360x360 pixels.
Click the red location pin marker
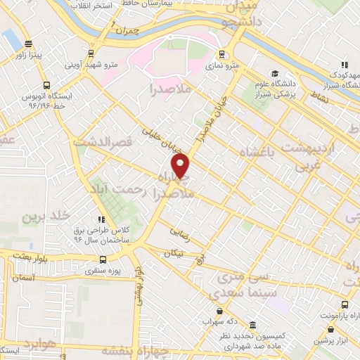point(181,166)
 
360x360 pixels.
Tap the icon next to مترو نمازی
point(222,54)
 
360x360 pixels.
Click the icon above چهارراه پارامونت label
point(344,305)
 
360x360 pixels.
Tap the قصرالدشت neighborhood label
point(106,143)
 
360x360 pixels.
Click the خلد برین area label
point(40,217)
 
